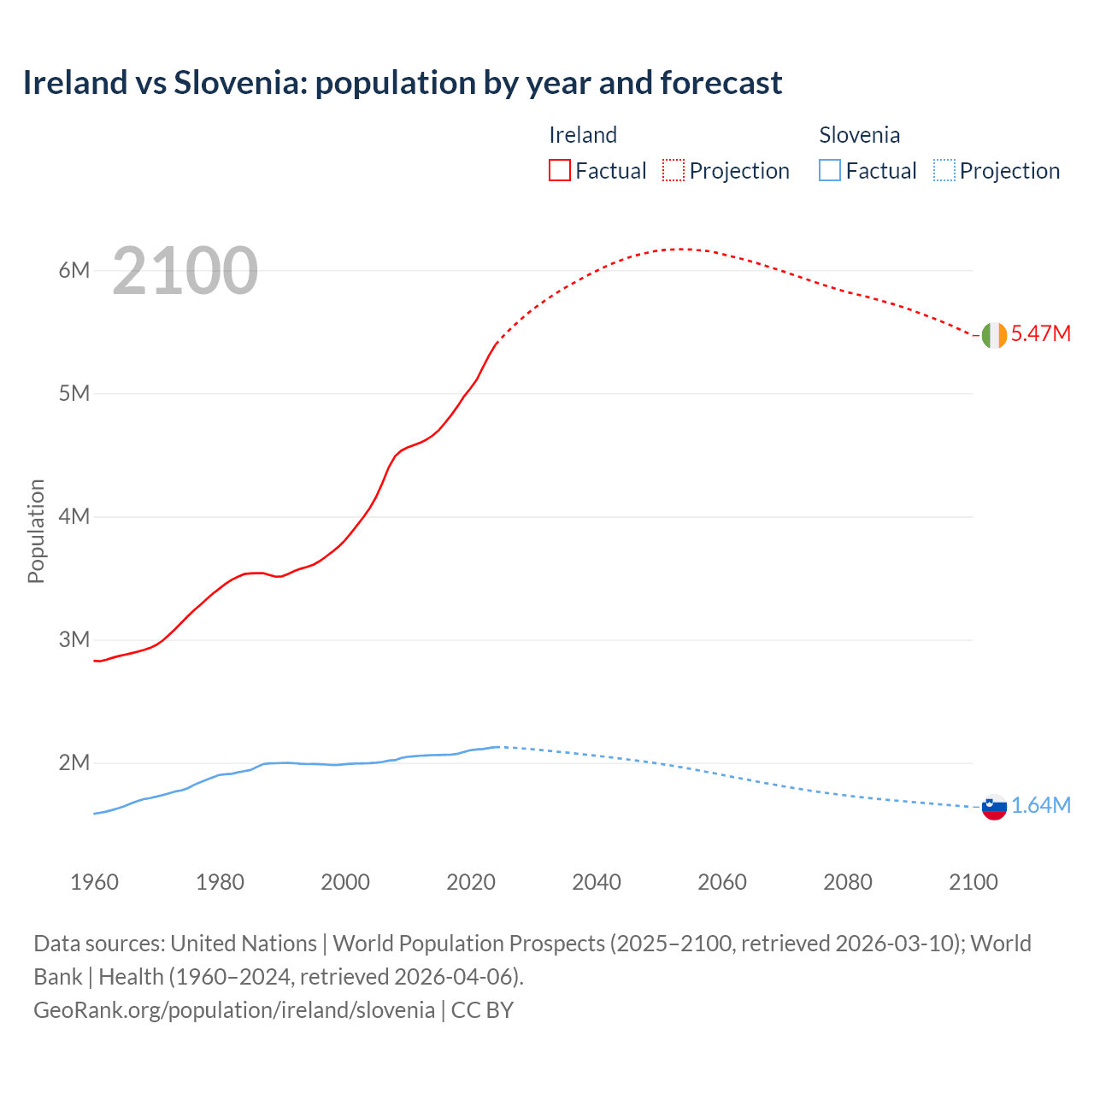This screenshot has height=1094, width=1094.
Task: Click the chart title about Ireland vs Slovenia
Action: tap(402, 83)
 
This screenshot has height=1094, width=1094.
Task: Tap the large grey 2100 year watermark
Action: tap(185, 271)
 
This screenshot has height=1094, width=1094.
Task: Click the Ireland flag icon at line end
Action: tap(994, 335)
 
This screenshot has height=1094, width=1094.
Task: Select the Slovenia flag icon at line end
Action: tap(994, 807)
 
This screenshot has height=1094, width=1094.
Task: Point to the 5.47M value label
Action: tap(1040, 333)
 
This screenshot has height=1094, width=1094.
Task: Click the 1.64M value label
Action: tap(1040, 805)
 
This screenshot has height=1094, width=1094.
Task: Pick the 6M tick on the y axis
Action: tap(74, 270)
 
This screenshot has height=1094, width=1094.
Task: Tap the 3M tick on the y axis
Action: tap(74, 639)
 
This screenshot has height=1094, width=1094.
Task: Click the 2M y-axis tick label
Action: tap(74, 762)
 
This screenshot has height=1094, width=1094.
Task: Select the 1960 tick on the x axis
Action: tap(94, 882)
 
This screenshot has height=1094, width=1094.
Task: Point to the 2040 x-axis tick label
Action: tap(597, 882)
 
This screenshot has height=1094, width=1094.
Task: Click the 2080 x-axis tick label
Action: tap(848, 882)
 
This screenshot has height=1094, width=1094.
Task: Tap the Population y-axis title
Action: tap(36, 531)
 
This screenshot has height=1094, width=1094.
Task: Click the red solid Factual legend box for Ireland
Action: tap(560, 170)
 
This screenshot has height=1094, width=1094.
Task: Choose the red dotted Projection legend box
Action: tap(673, 170)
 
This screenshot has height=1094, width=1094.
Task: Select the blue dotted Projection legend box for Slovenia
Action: tap(944, 170)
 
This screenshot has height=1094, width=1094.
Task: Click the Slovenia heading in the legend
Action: tap(859, 135)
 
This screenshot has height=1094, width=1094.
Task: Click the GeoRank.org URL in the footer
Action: tap(234, 1009)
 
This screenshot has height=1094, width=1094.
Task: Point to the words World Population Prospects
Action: tap(468, 944)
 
